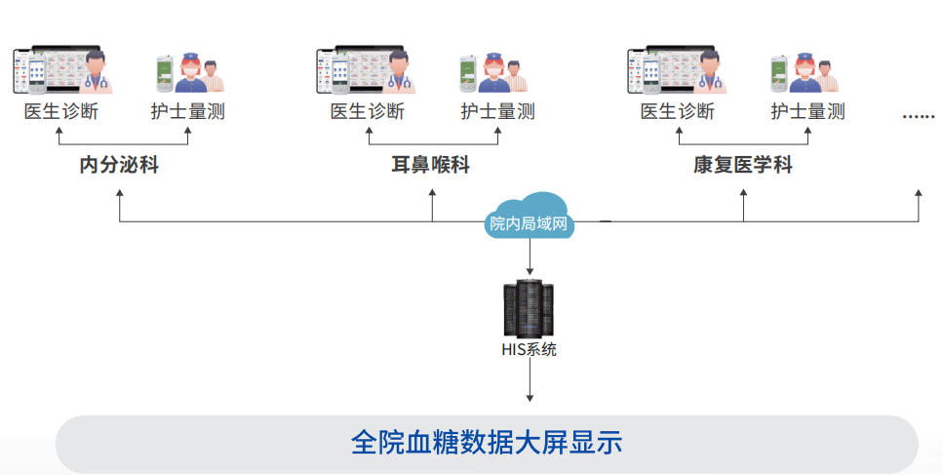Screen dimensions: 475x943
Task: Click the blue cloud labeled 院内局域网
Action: (530, 220)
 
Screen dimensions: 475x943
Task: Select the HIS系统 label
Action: (530, 349)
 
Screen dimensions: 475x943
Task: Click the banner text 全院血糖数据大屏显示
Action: (486, 442)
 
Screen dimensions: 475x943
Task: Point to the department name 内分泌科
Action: (119, 165)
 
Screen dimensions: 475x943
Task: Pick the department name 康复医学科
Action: (743, 165)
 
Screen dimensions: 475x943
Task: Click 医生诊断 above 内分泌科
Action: (61, 111)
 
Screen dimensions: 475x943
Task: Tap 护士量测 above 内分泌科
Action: (187, 111)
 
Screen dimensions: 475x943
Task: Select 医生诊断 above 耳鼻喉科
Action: (367, 111)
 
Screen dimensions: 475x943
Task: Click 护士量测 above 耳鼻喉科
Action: (497, 111)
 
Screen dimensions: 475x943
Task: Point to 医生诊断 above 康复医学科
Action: (677, 111)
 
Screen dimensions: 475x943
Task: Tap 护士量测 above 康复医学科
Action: (807, 111)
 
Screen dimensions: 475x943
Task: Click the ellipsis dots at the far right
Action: (918, 115)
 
